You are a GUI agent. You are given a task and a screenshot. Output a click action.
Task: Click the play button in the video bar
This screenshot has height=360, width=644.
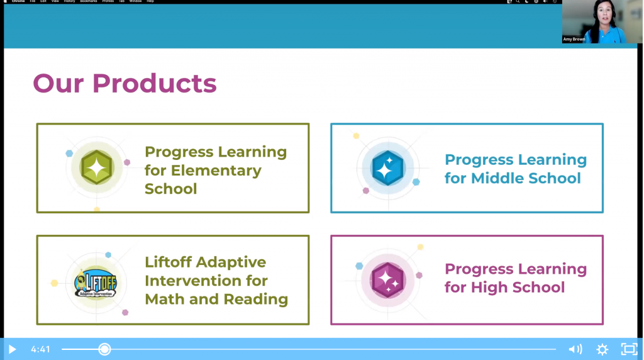pos(12,349)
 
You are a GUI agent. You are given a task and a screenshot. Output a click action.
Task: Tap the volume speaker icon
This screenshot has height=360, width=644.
pos(575,349)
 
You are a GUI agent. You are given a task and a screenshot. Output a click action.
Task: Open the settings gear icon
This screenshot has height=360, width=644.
pos(602,349)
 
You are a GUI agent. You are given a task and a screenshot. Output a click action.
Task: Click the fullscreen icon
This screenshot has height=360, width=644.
pos(629,349)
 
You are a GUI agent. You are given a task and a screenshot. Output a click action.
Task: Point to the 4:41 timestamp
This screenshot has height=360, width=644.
pos(40,349)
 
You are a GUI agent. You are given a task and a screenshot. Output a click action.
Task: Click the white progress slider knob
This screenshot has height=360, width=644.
pos(104,349)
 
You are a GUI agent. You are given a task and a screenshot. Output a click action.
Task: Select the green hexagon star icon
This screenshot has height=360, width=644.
pos(97,167)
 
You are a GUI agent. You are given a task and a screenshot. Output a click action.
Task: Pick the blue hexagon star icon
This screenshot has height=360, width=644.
pos(388,168)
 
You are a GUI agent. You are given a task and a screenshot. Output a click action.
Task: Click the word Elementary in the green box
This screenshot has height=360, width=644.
pos(216,171)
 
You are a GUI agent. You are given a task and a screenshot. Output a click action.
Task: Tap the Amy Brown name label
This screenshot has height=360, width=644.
pos(575,40)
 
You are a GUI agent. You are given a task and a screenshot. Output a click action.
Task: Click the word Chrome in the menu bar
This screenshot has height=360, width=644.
pos(18,1)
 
